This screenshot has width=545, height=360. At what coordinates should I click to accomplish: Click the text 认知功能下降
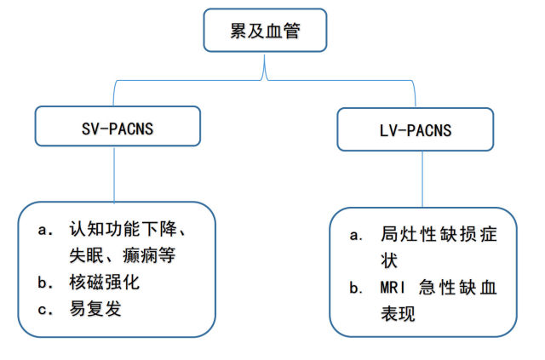pos(123,229)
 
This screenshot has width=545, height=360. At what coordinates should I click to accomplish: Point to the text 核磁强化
pos(104,282)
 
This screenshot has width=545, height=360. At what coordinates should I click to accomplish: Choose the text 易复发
pos(95,308)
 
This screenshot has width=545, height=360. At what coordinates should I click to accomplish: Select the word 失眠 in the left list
pos(86,255)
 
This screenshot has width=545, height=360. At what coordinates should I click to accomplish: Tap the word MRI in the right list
pos(393,288)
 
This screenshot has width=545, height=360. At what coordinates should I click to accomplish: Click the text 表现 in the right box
pos(398,314)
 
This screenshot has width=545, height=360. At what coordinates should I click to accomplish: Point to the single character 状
pos(389,260)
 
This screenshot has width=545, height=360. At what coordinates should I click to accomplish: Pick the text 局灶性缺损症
pos(439,234)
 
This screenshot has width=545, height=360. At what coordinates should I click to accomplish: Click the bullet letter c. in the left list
pos(45,309)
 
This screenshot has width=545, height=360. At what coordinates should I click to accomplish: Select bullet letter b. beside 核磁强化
pos(45,283)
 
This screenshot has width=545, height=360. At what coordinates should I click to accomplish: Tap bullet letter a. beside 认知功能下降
pos(45,230)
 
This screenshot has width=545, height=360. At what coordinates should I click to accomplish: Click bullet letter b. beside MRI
pos(357,288)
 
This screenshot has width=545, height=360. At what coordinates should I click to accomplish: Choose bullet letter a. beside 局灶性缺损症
pos(357,235)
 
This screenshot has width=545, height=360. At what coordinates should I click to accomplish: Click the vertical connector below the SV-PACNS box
pos(114,174)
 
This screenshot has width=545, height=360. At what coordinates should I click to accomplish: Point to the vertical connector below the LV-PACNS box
pos(422,180)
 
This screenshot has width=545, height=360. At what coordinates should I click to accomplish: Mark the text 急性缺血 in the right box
pos(458,288)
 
